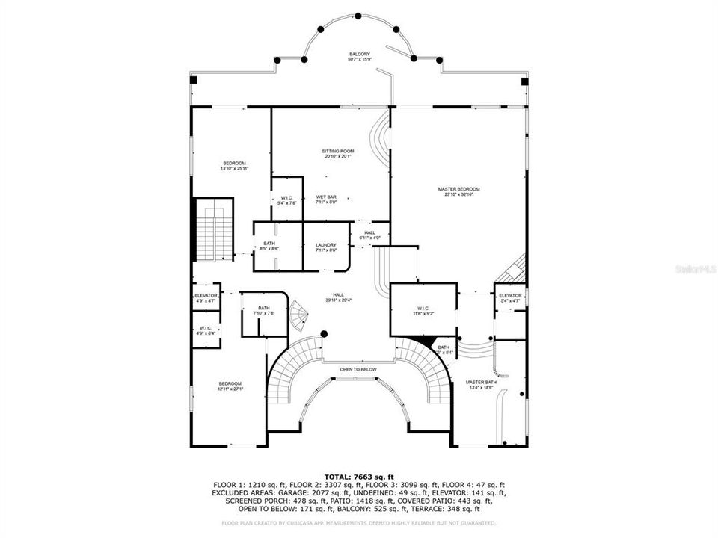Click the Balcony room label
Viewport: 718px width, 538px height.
[x=360, y=57]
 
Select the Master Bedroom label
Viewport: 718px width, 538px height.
[x=458, y=191]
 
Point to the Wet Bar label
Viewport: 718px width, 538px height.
[x=325, y=199]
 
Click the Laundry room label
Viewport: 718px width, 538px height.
[x=325, y=247]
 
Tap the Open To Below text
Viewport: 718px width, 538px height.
[x=358, y=369]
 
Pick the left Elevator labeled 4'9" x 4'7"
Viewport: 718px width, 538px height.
[x=206, y=297]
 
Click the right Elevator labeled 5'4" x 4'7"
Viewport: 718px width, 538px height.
[x=509, y=297]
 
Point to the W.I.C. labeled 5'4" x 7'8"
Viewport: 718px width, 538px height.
[x=286, y=200]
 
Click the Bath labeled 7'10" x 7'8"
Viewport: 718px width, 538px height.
[x=263, y=310]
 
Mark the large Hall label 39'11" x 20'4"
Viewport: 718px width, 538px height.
[x=338, y=298]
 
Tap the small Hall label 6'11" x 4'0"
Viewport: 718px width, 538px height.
[x=369, y=235]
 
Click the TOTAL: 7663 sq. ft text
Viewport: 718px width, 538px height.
[x=358, y=476]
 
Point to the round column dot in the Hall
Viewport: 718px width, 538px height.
[x=324, y=334]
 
